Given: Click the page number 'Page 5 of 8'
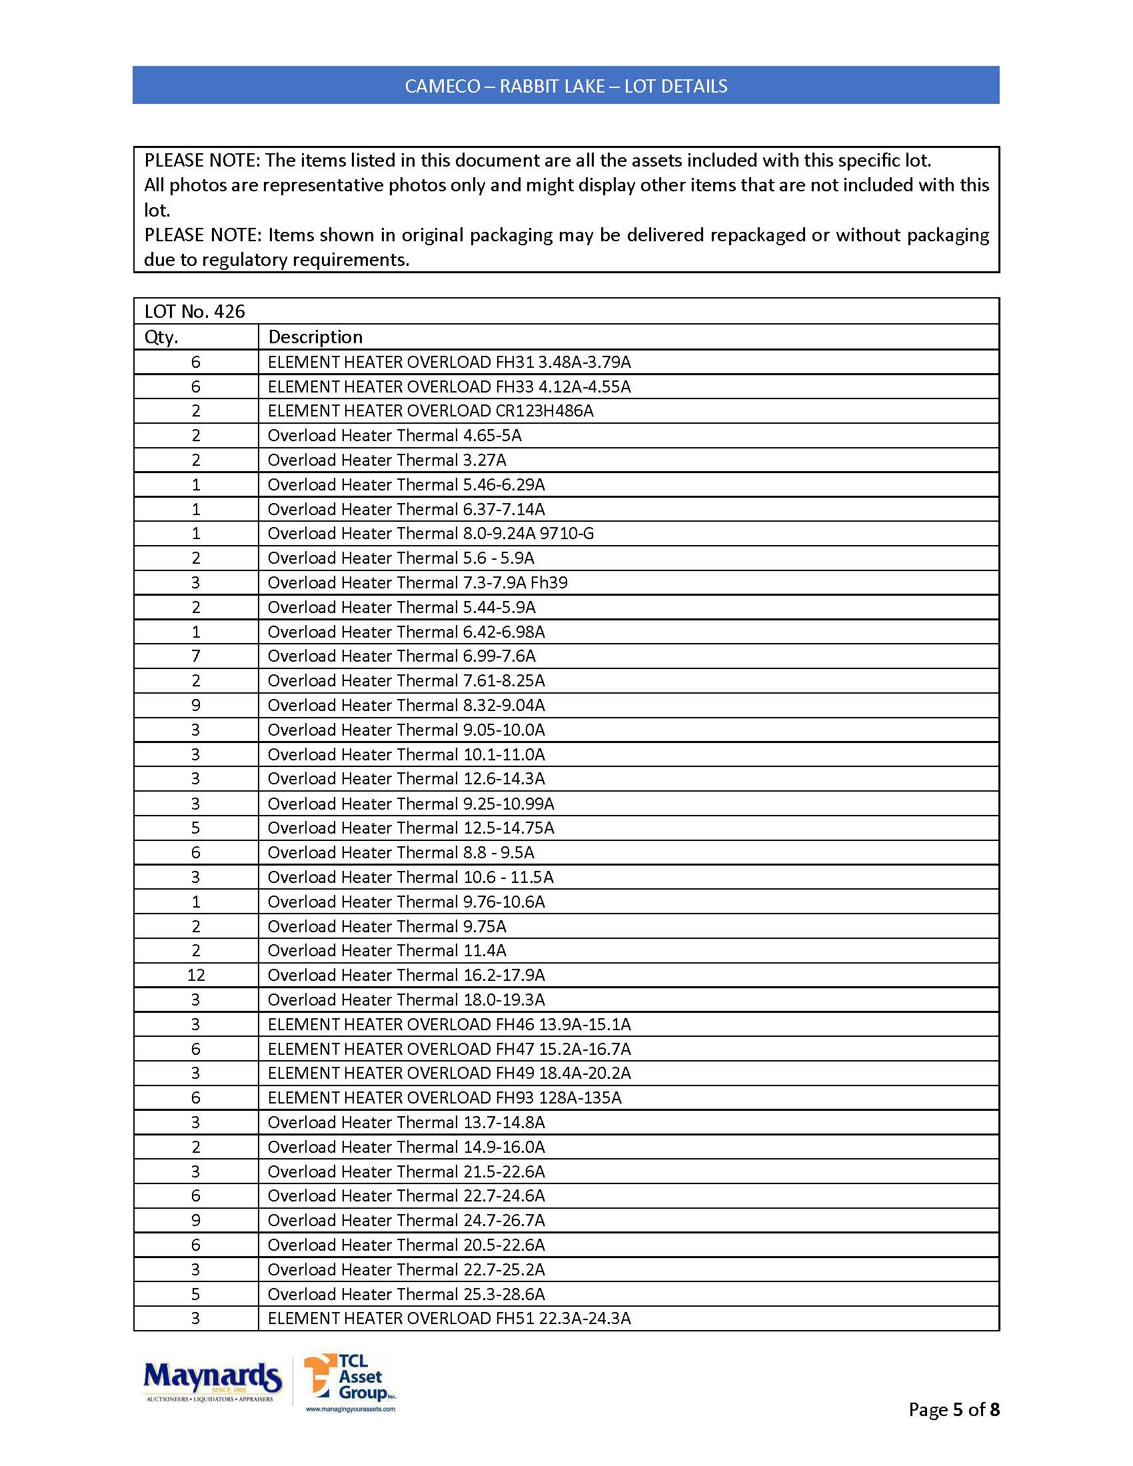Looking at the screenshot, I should [953, 1409].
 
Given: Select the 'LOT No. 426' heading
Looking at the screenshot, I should [195, 311].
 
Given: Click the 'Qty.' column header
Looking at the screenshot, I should [161, 337].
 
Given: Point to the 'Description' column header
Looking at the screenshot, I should [315, 337].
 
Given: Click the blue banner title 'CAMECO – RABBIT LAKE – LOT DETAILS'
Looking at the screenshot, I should [566, 86].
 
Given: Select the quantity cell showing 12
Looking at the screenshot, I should [196, 976].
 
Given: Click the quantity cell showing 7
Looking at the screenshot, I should [196, 656].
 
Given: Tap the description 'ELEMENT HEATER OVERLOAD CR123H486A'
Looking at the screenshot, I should [431, 410].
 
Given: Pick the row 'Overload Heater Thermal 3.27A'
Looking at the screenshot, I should [387, 460].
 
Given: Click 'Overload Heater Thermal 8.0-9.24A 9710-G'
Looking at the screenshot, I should [431, 534].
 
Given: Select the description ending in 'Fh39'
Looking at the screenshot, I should [417, 582].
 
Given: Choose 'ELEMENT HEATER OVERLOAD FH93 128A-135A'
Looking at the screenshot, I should [445, 1098].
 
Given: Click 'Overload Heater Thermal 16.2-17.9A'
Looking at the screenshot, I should [405, 976].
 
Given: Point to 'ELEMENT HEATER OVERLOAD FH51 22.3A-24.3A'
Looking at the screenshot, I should [449, 1318].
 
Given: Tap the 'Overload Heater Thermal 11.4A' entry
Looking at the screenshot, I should [387, 950].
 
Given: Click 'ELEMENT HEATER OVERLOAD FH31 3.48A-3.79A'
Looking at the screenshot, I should [449, 362].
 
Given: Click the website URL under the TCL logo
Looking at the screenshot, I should [351, 1409].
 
